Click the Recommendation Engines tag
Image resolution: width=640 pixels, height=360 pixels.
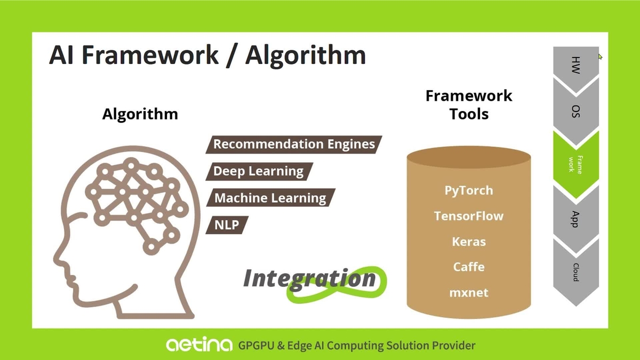(x=294, y=145)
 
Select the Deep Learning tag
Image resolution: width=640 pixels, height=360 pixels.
(x=258, y=171)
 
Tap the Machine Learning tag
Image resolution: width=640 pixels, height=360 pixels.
(x=270, y=198)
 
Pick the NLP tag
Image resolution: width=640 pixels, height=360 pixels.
(x=226, y=225)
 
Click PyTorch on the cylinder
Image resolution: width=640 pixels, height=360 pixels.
(x=469, y=190)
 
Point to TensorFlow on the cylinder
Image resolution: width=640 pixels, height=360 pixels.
(x=469, y=216)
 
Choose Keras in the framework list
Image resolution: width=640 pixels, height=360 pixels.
(x=469, y=242)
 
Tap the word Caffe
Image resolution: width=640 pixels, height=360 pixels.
(x=469, y=267)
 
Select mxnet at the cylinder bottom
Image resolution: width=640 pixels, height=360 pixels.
(x=469, y=292)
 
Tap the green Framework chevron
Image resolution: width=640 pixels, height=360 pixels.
(x=576, y=163)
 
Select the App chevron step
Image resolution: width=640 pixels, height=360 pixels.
(x=576, y=218)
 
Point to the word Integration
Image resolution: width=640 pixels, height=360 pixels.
(x=310, y=279)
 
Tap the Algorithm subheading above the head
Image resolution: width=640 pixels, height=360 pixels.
(x=140, y=114)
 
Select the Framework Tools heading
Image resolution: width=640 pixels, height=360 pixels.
(x=469, y=104)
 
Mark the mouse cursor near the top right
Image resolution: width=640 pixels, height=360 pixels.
(x=600, y=56)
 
